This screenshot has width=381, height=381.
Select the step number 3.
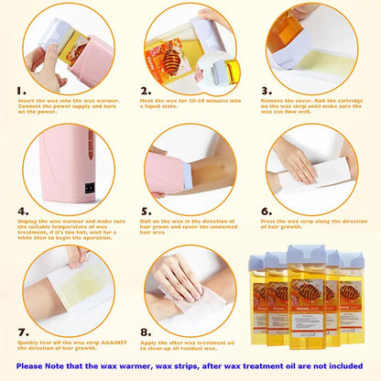point(267,92)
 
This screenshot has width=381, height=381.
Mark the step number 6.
point(267,211)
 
